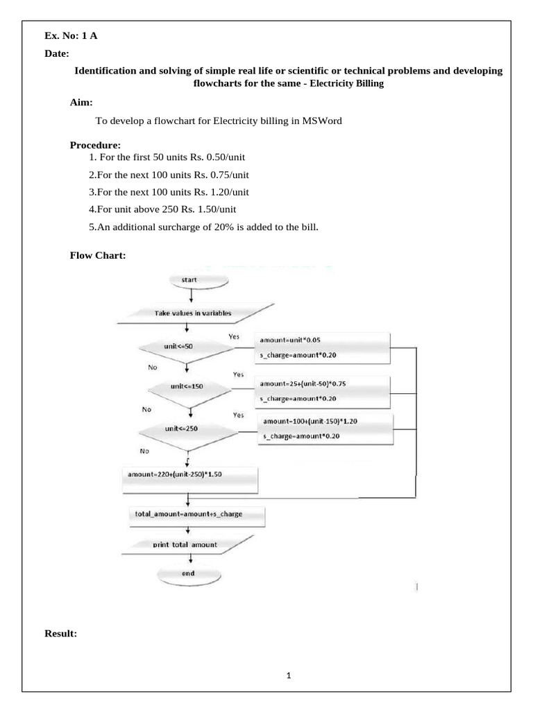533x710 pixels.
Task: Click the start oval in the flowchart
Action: (x=198, y=280)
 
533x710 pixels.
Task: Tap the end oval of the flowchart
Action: (x=189, y=575)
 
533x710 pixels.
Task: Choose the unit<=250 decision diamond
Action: (x=188, y=433)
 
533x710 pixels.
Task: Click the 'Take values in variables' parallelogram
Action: (x=195, y=313)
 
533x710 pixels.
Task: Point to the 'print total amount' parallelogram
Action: (x=187, y=545)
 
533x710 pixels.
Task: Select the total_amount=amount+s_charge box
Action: (x=197, y=516)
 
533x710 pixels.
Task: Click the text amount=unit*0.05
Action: (x=290, y=340)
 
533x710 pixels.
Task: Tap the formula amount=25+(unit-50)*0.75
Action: (x=303, y=384)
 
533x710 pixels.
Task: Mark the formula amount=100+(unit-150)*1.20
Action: (x=310, y=422)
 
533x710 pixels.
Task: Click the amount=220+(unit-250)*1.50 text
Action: (x=175, y=474)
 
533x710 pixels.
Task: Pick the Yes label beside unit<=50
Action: (x=234, y=337)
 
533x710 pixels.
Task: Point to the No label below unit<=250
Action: (x=144, y=451)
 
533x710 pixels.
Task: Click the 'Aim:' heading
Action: (x=81, y=103)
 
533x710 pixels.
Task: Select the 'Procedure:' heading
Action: (x=95, y=146)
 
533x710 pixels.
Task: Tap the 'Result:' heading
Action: (x=61, y=634)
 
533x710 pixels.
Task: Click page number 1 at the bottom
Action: (x=289, y=675)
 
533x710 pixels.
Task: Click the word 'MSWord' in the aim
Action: (x=322, y=121)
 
